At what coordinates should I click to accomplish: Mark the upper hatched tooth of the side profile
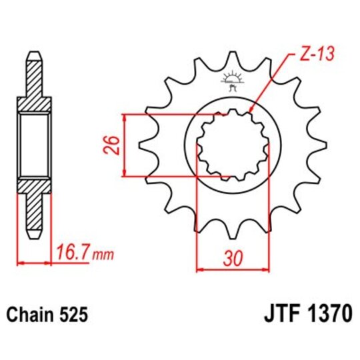[x=34, y=80]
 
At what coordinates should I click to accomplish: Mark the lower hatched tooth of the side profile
[x=34, y=210]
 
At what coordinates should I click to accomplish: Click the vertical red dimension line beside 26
[x=125, y=145]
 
